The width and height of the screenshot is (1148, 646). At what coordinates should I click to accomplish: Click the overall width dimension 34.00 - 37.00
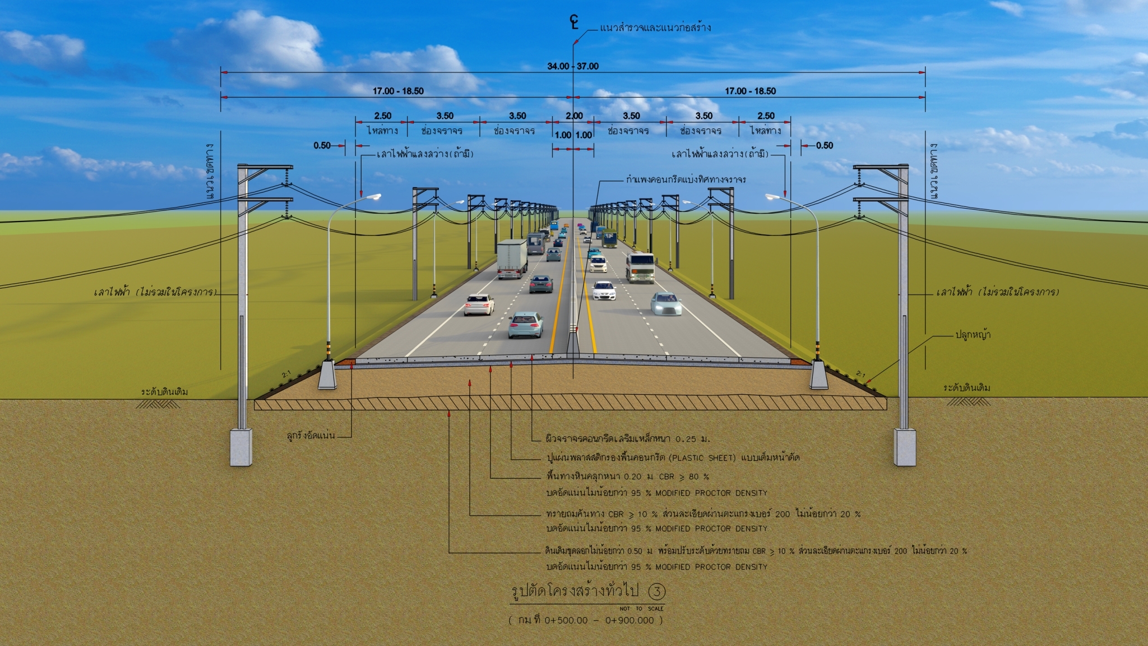tap(572, 66)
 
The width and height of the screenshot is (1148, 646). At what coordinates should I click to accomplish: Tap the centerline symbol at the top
tap(573, 22)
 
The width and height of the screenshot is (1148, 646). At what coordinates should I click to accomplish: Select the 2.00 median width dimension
tap(574, 116)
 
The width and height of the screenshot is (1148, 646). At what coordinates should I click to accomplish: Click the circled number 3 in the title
tap(656, 591)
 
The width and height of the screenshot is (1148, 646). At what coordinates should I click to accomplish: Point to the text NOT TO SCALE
tap(641, 608)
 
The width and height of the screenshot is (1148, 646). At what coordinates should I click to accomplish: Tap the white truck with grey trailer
tap(512, 258)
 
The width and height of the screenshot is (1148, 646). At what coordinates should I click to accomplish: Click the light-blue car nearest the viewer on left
tap(525, 325)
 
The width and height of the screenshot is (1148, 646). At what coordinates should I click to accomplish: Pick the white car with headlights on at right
tap(666, 303)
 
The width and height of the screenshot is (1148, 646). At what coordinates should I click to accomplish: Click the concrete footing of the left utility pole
tap(241, 447)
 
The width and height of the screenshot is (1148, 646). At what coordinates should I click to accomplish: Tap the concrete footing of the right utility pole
tap(904, 447)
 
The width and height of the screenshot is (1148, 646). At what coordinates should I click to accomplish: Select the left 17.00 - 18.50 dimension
tap(398, 91)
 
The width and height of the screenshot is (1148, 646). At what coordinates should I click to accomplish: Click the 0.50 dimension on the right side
tap(824, 146)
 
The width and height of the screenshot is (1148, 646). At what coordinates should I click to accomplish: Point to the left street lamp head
tap(372, 197)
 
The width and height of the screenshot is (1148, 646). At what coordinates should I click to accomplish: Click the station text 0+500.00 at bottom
tap(566, 620)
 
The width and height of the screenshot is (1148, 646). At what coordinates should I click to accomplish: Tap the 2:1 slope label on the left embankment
tap(286, 374)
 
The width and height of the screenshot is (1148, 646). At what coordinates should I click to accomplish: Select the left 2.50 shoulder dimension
tap(382, 116)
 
